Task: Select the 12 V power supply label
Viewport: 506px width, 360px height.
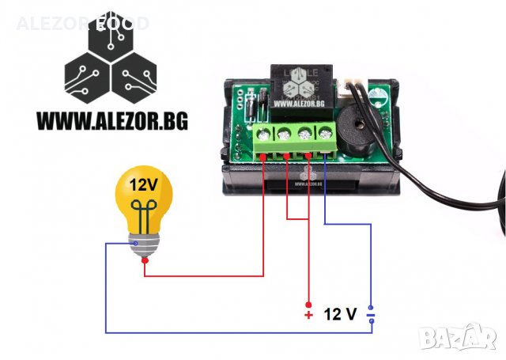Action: [341, 315]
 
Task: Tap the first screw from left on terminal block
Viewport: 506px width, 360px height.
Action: [262, 137]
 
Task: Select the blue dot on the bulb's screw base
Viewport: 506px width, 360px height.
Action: [136, 244]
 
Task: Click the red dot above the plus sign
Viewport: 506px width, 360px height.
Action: [309, 305]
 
